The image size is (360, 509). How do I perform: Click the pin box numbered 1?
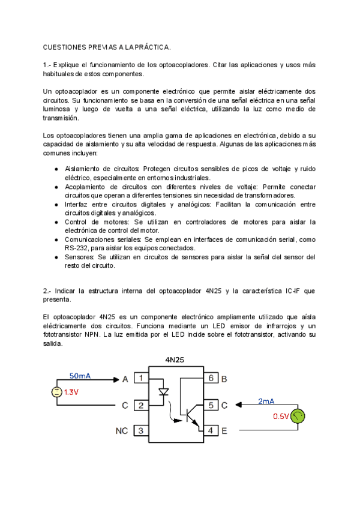click(x=141, y=378)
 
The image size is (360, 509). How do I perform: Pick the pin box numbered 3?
click(x=141, y=430)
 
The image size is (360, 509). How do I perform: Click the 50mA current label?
click(x=80, y=376)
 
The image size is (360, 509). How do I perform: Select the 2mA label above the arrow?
click(x=266, y=402)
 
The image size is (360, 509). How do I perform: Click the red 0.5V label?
click(x=280, y=416)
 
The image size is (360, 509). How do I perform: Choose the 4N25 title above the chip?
click(x=175, y=360)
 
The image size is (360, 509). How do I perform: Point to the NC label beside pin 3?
click(x=121, y=430)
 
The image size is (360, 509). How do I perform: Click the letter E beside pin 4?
click(x=224, y=430)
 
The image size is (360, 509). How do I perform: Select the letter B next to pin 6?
click(x=224, y=379)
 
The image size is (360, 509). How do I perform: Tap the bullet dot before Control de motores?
click(x=56, y=222)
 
